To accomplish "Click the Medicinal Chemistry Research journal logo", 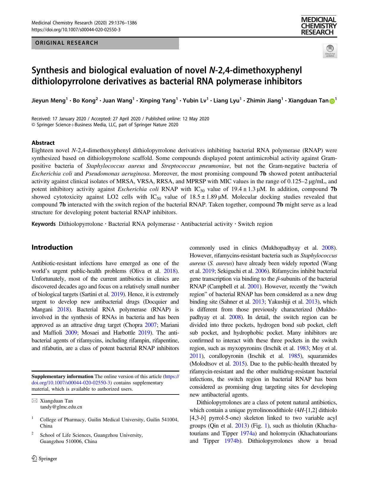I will pos(319,26).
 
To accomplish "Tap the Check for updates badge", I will pos(330,51).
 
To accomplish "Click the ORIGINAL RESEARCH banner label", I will pos(67,43).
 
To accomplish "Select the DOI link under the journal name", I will pos(76,30).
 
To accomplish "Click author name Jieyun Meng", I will pos(48,101).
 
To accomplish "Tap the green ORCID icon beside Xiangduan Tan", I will pos(332,101).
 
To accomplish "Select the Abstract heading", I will pos(43,143).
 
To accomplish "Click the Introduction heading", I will pos(52,247).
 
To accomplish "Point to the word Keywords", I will pos(44,224).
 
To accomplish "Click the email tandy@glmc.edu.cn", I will pos(61,407).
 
